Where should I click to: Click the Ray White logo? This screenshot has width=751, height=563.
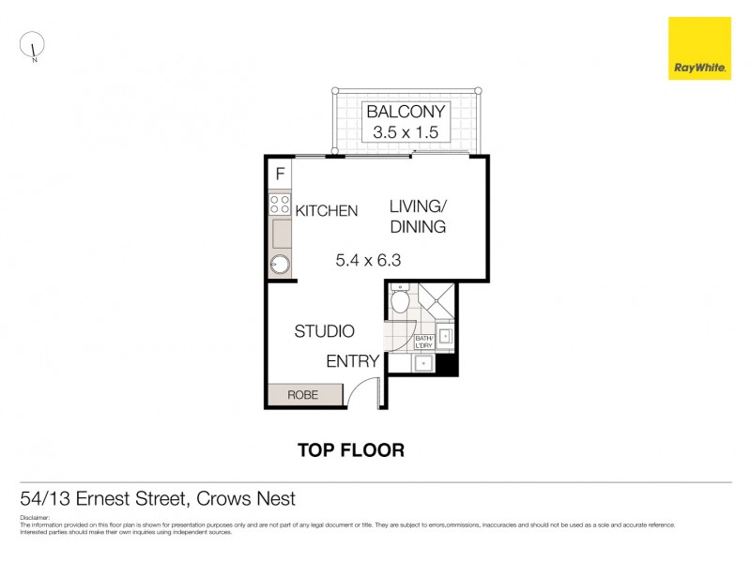tap(699, 48)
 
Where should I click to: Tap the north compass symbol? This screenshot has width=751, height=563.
tap(33, 45)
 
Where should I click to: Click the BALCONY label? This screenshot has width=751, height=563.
tap(406, 112)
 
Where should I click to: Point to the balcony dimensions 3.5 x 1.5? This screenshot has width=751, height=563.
tap(406, 133)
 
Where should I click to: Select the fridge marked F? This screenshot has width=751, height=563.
tap(280, 174)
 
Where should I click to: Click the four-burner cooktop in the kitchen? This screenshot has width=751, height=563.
tap(280, 203)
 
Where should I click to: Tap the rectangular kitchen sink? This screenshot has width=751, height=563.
tap(280, 231)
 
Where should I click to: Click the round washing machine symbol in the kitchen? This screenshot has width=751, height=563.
tap(280, 264)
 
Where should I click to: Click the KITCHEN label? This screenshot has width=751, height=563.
tap(327, 211)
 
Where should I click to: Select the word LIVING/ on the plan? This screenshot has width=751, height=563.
tap(419, 206)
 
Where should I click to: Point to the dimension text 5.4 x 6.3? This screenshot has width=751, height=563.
tap(368, 261)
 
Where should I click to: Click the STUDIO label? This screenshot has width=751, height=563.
tap(324, 331)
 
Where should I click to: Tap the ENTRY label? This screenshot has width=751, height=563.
tap(353, 361)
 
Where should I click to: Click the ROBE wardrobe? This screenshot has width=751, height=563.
tap(302, 395)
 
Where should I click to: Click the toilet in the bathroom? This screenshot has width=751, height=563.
tap(399, 301)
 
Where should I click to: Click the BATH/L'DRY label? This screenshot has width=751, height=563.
tap(423, 342)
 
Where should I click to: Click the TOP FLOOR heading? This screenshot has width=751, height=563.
tap(351, 450)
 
